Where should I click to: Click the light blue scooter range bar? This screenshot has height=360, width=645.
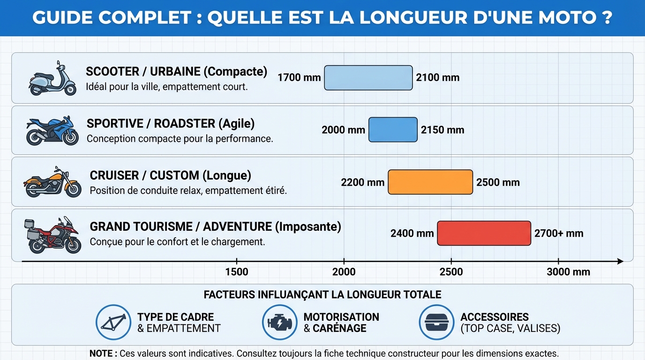[368, 78]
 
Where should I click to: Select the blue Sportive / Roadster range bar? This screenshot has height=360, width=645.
[393, 130]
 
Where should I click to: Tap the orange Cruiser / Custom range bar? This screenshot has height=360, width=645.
[430, 182]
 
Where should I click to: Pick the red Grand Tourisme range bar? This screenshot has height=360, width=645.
[484, 233]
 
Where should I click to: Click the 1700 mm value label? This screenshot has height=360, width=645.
[299, 78]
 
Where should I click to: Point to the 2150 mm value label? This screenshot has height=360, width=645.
[442, 130]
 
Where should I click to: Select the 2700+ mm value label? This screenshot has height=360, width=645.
[559, 233]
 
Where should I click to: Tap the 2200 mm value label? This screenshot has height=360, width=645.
[362, 182]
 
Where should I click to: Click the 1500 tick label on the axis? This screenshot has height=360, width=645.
[237, 272]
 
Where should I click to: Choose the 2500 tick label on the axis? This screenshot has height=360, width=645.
[451, 272]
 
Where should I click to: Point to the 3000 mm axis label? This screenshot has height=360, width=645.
[568, 272]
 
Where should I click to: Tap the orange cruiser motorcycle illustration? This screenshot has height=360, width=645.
[52, 182]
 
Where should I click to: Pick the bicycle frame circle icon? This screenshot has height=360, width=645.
[113, 322]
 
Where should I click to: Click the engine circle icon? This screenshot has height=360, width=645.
[279, 322]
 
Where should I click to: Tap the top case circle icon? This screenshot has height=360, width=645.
[436, 322]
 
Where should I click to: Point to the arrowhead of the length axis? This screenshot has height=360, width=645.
[620, 262]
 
